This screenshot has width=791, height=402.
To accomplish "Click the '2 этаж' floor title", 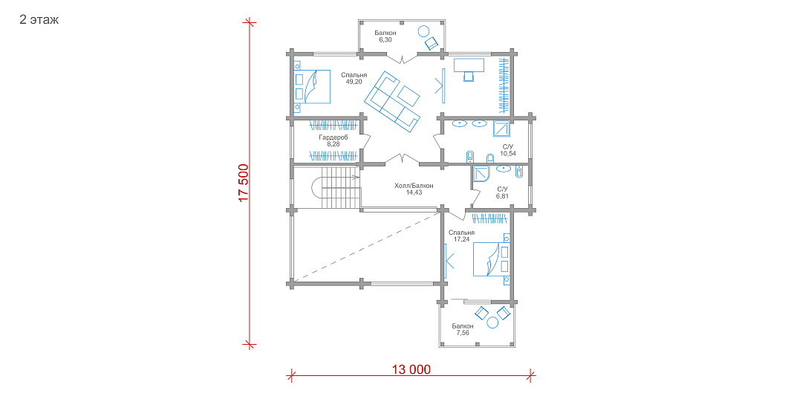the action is (39, 19).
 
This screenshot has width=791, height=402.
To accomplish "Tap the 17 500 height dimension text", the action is (243, 183).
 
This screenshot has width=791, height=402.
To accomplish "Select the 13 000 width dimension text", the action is (411, 370).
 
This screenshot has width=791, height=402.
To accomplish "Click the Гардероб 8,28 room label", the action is (333, 140).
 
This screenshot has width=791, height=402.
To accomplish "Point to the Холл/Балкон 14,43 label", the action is (414, 189).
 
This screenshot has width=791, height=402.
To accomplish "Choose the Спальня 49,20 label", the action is (354, 78).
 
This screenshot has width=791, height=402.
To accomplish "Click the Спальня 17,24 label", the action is (461, 236).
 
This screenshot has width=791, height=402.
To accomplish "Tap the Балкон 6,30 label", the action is (385, 36).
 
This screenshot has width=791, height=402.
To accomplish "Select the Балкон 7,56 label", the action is (463, 329).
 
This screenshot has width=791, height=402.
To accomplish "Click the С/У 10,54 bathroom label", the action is (508, 150).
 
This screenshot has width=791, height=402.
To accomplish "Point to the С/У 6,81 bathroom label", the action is (502, 192).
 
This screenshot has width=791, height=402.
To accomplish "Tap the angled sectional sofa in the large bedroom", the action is (392, 101).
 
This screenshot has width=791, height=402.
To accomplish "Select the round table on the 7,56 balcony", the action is (492, 322).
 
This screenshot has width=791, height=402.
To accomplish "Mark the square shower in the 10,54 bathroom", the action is (501, 129).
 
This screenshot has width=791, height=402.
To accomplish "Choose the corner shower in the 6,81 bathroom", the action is (482, 175).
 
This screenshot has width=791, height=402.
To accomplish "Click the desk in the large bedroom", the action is (469, 65).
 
